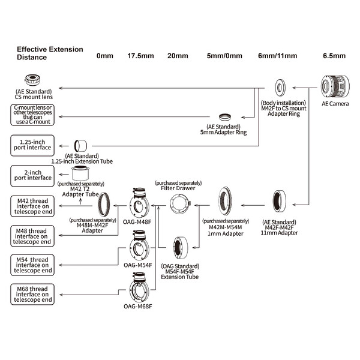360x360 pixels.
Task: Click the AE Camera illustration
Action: point(335,86)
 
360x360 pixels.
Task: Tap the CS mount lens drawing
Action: point(32,80)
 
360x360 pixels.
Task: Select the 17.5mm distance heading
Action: point(140,56)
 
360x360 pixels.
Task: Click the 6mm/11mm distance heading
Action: point(278,56)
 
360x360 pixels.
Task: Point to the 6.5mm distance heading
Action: point(334,56)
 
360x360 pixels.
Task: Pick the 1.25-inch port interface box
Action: point(32,146)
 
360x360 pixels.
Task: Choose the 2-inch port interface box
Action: point(32,176)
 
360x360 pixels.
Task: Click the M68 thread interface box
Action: point(32,295)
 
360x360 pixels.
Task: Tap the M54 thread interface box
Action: point(32,265)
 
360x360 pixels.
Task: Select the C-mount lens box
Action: point(32,115)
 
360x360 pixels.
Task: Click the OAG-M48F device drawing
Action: point(139,203)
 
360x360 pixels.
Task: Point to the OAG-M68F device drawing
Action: point(139,287)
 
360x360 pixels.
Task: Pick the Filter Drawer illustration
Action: point(181,204)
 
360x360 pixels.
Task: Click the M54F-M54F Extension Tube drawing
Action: point(181,248)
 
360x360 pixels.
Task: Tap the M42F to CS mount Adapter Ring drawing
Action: point(280,88)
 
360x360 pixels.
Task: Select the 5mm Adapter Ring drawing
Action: point(225,117)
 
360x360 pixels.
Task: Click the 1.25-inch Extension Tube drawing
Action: point(80,146)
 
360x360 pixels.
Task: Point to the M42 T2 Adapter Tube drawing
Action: point(80,173)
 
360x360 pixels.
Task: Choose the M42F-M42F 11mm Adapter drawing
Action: point(280,202)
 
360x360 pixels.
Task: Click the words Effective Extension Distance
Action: point(50,53)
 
